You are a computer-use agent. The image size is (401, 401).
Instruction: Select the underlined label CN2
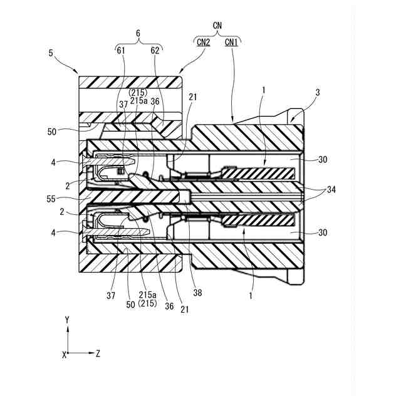pos(203,42)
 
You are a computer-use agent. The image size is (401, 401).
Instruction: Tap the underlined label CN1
pos(232,42)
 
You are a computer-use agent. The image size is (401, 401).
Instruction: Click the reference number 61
pos(121,51)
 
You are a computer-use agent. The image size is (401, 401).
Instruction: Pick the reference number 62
pos(155,51)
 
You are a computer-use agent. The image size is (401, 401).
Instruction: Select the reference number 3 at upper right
pos(318,92)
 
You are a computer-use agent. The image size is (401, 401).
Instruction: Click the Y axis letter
pos(66,320)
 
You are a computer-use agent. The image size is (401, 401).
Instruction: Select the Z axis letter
pos(98,353)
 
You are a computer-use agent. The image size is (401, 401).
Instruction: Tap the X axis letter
pos(64,354)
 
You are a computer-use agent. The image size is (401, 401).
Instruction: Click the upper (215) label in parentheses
pos(138,93)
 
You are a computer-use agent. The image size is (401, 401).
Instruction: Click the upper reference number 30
pos(322,160)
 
